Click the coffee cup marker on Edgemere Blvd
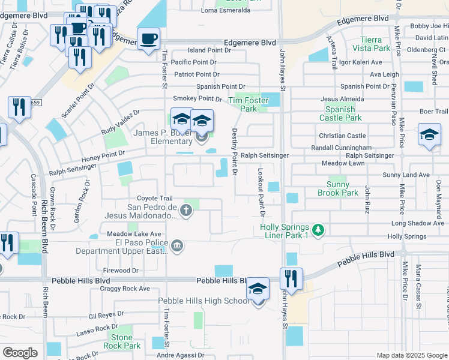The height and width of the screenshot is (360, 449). [148, 40]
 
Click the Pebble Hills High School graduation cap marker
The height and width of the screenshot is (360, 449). [258, 290]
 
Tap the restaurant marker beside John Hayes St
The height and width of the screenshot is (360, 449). [291, 279]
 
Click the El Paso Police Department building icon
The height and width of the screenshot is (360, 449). [177, 245]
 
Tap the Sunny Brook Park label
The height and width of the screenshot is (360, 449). [342, 188]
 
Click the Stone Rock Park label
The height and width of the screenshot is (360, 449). [122, 341]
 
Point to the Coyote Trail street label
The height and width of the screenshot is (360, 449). [155, 199]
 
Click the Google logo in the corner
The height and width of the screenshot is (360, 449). [20, 353]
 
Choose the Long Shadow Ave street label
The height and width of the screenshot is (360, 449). [417, 223]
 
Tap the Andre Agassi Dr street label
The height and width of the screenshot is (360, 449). [182, 355]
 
